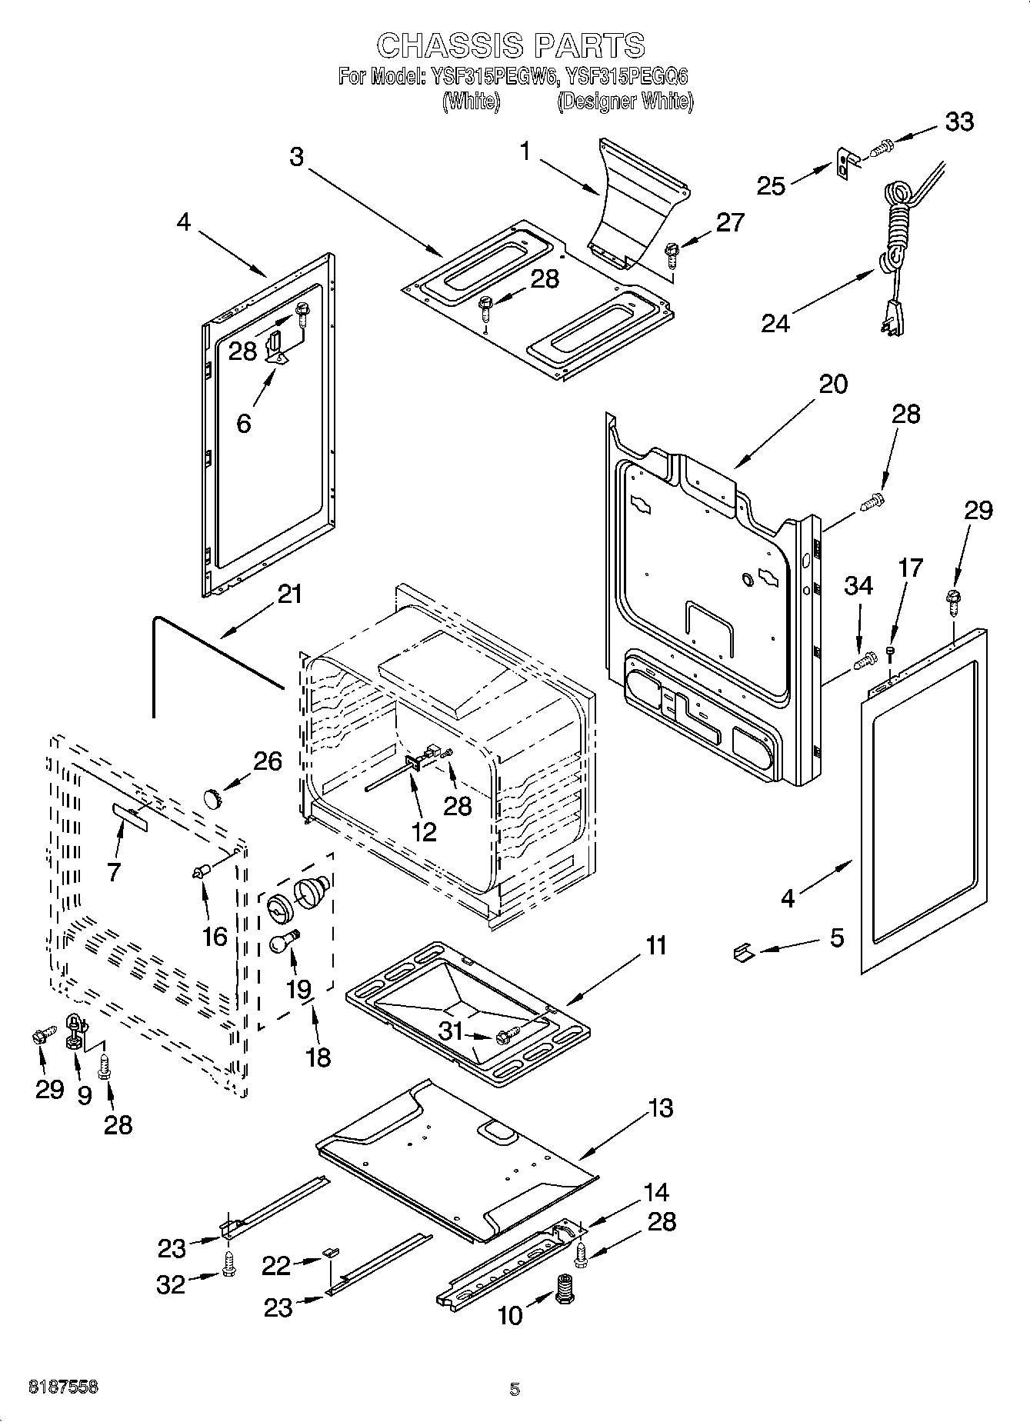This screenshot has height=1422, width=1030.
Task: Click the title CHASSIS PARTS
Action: tap(511, 45)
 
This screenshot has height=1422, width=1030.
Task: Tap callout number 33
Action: tap(958, 122)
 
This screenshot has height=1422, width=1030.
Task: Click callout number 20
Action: tap(832, 383)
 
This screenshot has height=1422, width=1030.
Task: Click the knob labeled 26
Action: tap(212, 797)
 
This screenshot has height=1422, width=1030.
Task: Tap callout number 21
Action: tap(289, 594)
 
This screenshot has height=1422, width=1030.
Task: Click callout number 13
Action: tap(660, 1107)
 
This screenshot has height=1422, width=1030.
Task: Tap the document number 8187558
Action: tap(63, 1387)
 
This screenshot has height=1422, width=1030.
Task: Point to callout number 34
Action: tap(858, 585)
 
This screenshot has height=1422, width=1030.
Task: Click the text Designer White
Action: tap(625, 102)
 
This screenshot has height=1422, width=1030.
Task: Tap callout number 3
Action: tap(297, 156)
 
